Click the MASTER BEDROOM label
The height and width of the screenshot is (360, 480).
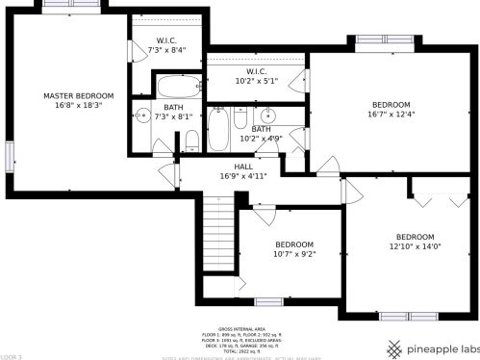pos(79,95)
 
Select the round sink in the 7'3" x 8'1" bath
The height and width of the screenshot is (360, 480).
pos(143,136)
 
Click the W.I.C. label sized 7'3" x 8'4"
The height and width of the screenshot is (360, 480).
pos(166,40)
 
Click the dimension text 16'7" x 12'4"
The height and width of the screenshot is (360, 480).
pos(391,115)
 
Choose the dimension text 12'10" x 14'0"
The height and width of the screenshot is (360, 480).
pos(415,246)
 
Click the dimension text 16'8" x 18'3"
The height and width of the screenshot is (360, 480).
pos(79,106)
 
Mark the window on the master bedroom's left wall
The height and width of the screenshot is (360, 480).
pos(7,154)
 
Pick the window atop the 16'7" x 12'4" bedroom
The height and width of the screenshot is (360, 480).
pos(384,39)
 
